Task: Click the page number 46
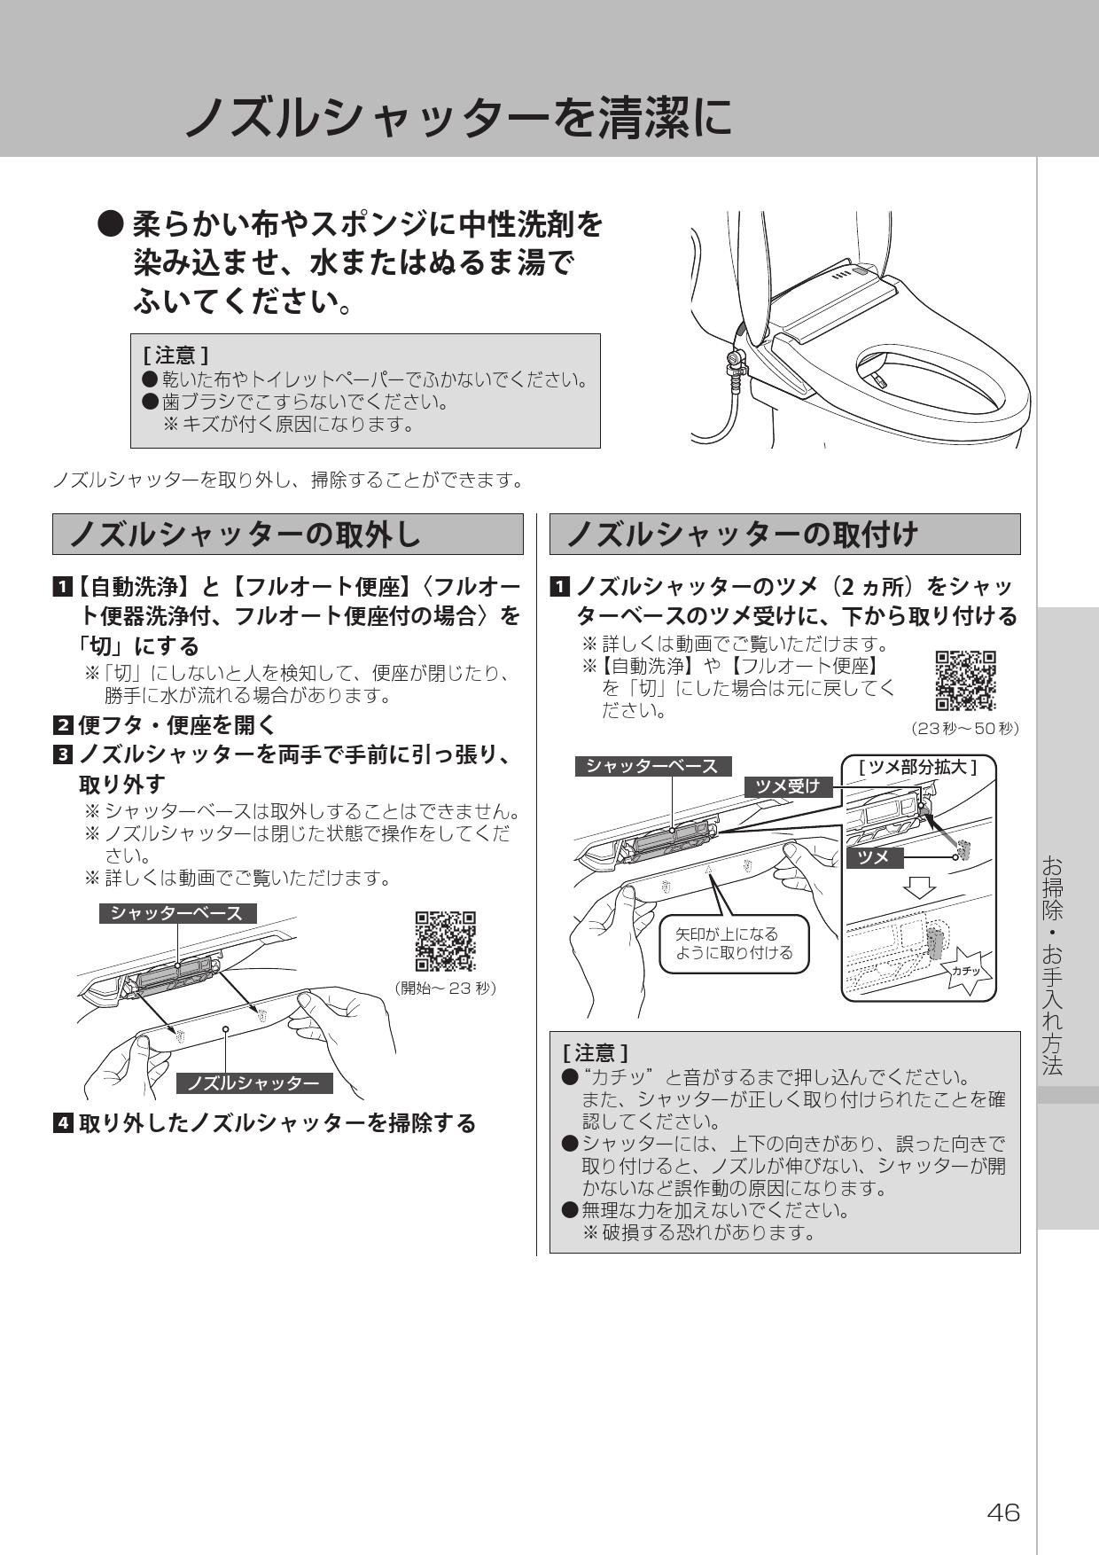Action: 1003,1512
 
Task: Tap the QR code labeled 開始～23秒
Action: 446,941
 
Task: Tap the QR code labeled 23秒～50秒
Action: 965,681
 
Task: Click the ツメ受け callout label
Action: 788,785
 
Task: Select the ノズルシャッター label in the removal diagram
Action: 253,1083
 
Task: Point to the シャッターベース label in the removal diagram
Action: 176,913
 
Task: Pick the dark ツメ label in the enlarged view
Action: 875,857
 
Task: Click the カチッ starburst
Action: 966,971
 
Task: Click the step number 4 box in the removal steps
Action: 63,1123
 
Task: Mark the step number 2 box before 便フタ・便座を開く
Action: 63,725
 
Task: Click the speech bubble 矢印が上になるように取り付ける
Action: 734,943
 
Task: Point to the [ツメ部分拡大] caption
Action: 918,766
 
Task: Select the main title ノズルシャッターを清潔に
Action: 458,117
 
